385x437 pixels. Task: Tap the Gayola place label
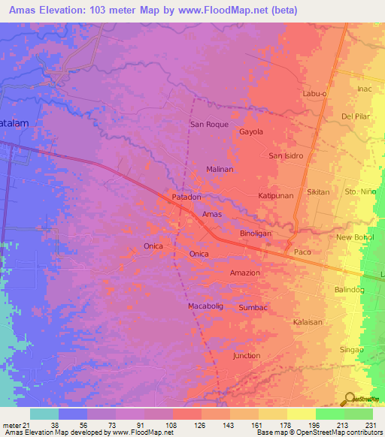pos(251,131)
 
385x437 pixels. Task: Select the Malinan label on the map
pos(220,170)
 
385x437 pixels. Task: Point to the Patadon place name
pos(186,197)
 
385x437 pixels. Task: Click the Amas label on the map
pos(211,215)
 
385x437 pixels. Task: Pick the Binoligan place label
pos(255,234)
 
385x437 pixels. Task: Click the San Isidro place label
pos(285,155)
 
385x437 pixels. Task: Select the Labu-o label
pos(316,93)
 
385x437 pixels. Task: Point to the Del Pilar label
pos(357,116)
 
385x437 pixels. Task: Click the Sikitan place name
pos(318,192)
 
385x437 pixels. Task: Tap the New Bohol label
pos(354,237)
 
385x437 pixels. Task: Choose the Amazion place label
pos(245,273)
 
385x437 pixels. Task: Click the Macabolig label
pos(206,306)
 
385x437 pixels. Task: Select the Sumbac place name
pos(252,308)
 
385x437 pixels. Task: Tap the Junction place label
pos(247,355)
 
